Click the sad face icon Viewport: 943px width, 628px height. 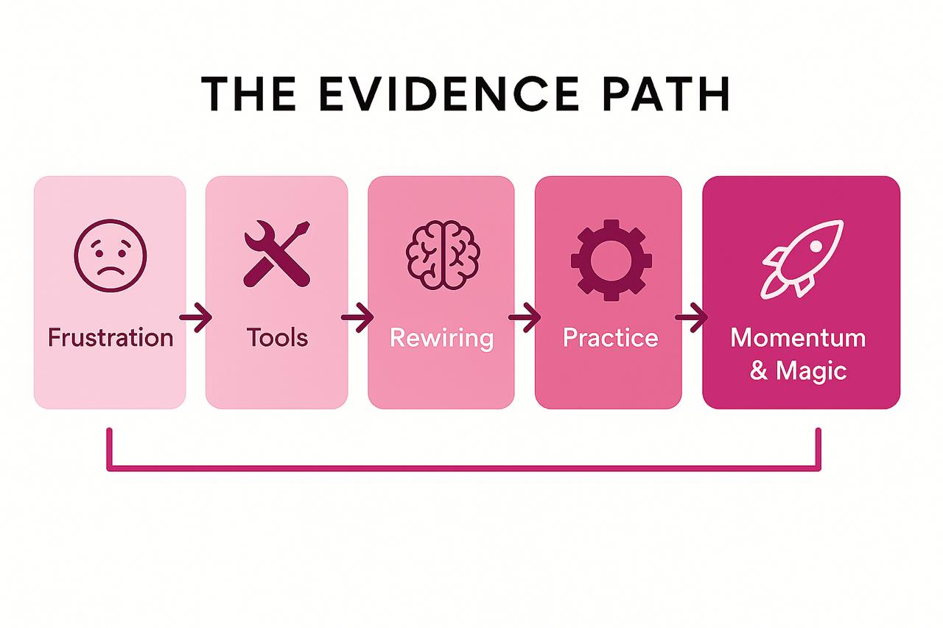click(x=111, y=255)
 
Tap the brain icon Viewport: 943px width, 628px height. click(x=442, y=255)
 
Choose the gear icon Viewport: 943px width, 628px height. click(x=609, y=259)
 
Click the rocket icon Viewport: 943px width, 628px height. click(x=802, y=258)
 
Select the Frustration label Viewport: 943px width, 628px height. click(x=111, y=338)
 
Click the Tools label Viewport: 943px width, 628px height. click(x=277, y=338)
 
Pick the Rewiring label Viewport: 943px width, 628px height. click(x=441, y=338)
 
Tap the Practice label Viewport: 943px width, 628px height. click(x=610, y=338)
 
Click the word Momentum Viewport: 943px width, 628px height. click(x=798, y=338)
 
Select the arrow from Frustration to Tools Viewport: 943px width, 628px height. click(x=195, y=318)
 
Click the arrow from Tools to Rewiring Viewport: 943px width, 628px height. click(x=357, y=318)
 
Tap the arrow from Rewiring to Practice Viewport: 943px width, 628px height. click(x=524, y=318)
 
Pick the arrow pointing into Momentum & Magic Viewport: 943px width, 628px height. click(x=691, y=318)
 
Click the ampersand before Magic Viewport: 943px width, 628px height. click(x=759, y=370)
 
